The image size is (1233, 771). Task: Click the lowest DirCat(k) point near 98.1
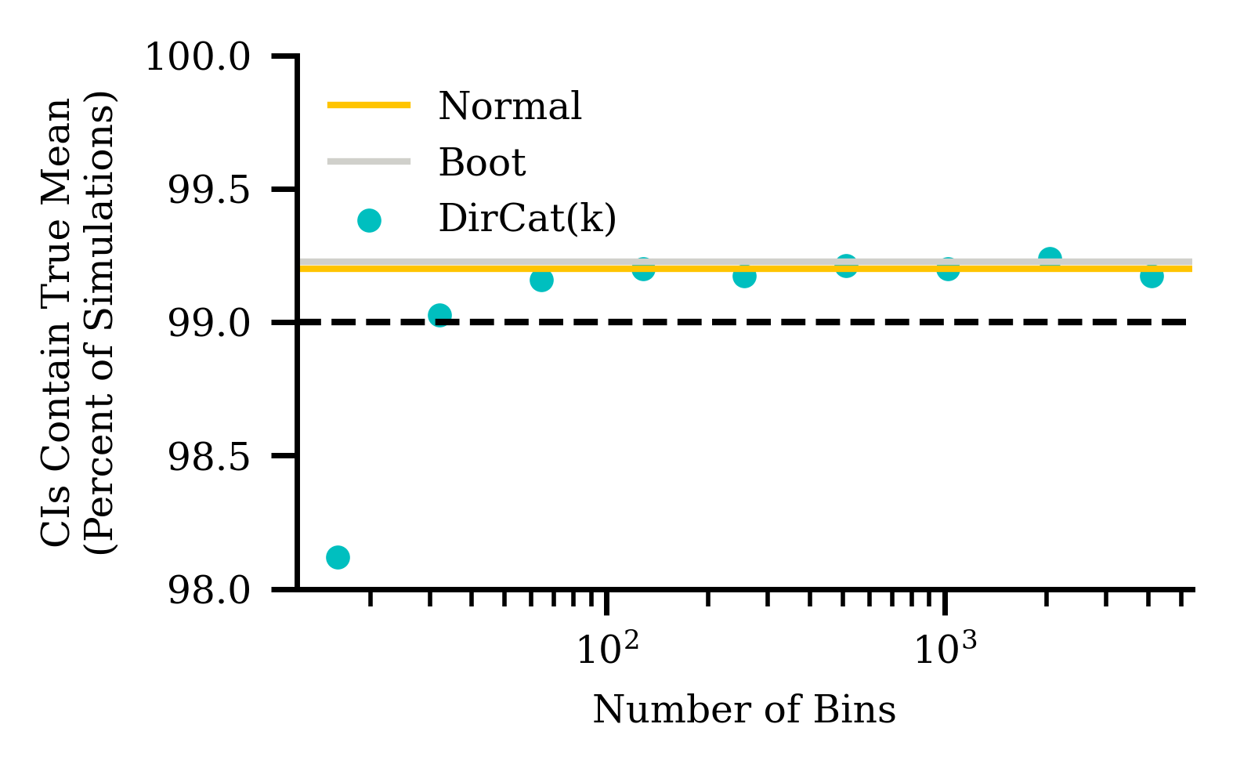point(338,557)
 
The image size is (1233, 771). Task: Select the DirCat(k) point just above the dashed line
point(439,316)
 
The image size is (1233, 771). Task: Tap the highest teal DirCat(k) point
point(1050,259)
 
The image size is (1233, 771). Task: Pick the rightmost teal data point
point(1151,276)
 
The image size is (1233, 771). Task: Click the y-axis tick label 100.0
point(209,57)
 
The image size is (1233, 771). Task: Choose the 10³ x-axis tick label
point(946,650)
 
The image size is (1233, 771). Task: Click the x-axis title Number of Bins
point(744,710)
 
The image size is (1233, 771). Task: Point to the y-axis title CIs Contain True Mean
point(56,322)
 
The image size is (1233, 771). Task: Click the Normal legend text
point(510,106)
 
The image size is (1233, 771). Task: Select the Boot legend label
point(482,162)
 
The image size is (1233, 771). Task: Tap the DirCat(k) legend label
point(527,219)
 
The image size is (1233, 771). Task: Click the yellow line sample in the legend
point(368,105)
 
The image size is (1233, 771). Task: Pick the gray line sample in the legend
point(368,161)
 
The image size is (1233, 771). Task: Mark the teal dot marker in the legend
point(369,220)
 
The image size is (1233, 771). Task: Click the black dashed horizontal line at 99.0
point(783,322)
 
